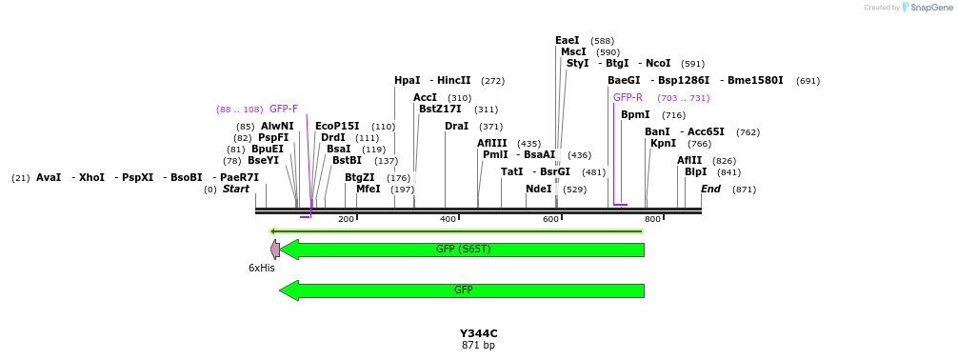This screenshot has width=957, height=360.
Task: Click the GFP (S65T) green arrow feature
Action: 462,250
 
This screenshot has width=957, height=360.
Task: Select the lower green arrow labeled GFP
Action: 462,290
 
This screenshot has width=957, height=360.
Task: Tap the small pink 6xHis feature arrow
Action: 275,250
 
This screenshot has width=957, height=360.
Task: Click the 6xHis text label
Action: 261,269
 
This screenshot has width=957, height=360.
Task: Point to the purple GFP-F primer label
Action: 284,110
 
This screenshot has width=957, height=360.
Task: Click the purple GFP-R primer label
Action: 628,98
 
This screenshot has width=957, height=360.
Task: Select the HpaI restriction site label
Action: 408,81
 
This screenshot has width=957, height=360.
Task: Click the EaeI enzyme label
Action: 568,41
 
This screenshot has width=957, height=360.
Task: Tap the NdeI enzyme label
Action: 538,190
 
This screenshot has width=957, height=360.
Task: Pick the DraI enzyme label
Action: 456,127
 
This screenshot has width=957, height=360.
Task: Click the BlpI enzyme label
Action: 695,172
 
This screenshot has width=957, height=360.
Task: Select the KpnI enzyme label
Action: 663,144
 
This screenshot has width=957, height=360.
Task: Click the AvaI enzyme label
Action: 49,178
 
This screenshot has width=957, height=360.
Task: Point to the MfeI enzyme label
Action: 368,190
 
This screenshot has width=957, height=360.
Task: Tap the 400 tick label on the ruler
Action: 448,220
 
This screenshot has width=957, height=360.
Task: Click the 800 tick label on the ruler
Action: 652,220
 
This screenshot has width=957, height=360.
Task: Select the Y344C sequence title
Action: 478,333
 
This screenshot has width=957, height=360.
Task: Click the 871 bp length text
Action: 478,346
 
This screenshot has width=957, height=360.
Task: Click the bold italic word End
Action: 710,190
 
